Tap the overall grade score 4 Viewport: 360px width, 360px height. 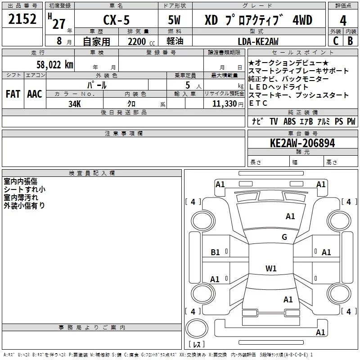coord(343,21)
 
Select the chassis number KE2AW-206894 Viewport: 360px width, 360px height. coord(302,144)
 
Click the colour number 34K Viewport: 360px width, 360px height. coord(75,103)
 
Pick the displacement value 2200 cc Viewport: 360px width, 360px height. coord(137,41)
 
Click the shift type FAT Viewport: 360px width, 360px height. coord(13,94)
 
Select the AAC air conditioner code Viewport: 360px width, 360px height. coord(35,94)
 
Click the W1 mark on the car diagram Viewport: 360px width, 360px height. coord(271,269)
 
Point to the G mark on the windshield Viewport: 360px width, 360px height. coord(284,237)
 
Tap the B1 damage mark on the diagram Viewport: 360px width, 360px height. coord(216,252)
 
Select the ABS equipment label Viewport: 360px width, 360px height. coord(289,121)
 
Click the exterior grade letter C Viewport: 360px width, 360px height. coord(335,41)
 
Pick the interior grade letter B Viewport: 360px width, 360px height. coord(351,41)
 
